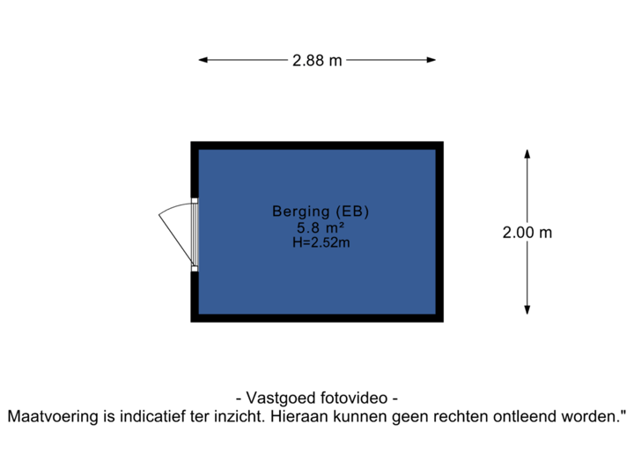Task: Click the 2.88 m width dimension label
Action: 317,60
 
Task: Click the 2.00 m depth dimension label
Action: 527,233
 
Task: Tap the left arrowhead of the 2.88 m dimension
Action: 203,60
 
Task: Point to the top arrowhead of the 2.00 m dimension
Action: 527,153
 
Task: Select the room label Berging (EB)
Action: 321,212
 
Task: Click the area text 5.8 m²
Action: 321,227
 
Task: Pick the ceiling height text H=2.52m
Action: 321,242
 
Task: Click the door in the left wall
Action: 195,234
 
